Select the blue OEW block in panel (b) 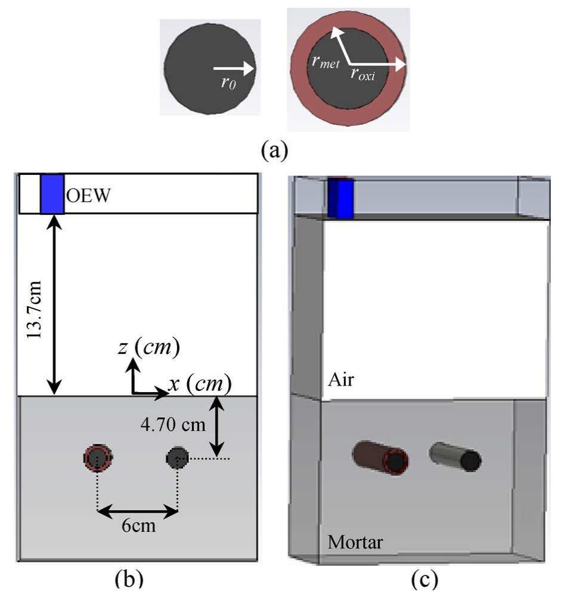(51, 193)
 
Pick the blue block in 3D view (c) (341, 198)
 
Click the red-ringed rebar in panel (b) (98, 458)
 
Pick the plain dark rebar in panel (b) (178, 458)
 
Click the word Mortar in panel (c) (355, 543)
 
